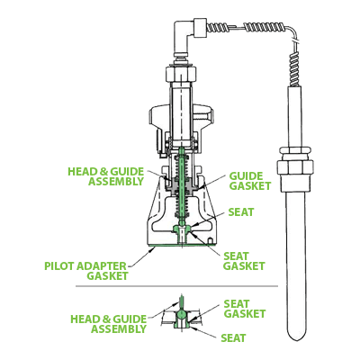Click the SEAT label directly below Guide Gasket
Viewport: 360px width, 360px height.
pyautogui.click(x=242, y=211)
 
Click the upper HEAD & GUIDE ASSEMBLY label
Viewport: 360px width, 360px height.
pyautogui.click(x=106, y=175)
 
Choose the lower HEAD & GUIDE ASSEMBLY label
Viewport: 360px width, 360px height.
pyautogui.click(x=108, y=323)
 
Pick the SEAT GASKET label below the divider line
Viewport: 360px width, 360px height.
pyautogui.click(x=244, y=308)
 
